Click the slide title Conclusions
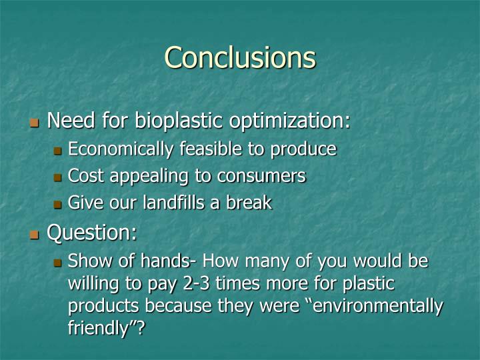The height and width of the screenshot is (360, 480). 240,57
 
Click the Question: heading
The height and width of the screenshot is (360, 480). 92,233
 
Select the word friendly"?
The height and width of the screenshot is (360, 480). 107,328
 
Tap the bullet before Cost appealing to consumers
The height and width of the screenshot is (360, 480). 58,177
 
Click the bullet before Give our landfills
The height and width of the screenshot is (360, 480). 58,204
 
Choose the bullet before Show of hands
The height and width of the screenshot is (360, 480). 58,262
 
